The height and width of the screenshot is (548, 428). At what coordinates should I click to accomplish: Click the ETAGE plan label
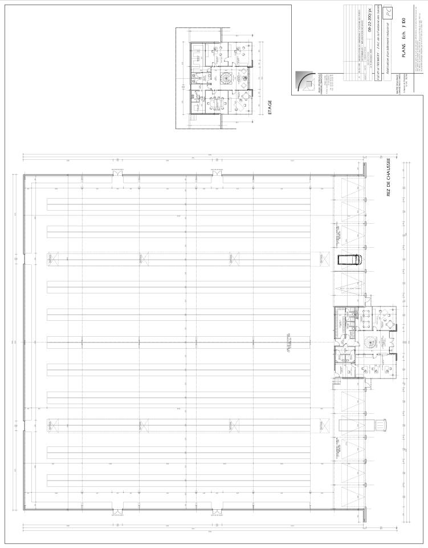point(270,109)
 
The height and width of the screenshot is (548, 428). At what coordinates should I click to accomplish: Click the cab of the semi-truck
point(377,426)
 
